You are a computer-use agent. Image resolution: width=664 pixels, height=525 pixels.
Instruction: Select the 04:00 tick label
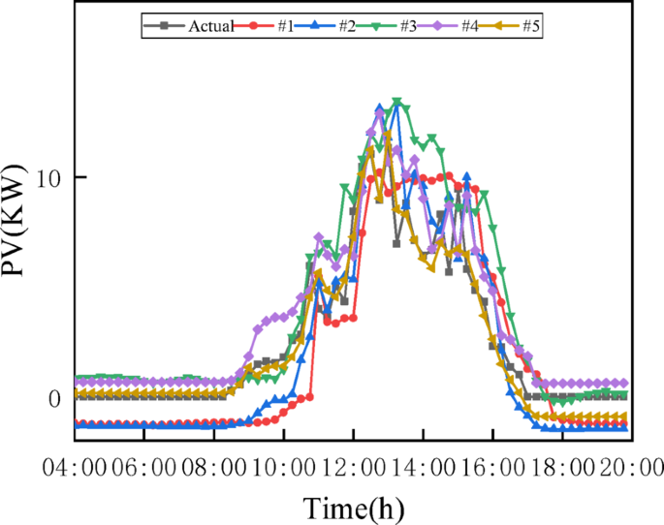click(74, 469)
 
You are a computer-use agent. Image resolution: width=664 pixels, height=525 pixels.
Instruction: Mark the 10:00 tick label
click(284, 469)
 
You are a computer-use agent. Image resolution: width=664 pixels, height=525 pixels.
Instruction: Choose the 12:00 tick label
click(353, 469)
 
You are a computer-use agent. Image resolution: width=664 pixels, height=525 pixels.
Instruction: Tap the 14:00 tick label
click(423, 469)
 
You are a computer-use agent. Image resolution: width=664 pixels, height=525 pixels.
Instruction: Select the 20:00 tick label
click(630, 469)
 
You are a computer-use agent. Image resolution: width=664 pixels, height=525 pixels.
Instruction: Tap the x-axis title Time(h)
click(353, 507)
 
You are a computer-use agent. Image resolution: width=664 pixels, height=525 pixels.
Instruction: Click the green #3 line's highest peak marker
click(396, 102)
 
